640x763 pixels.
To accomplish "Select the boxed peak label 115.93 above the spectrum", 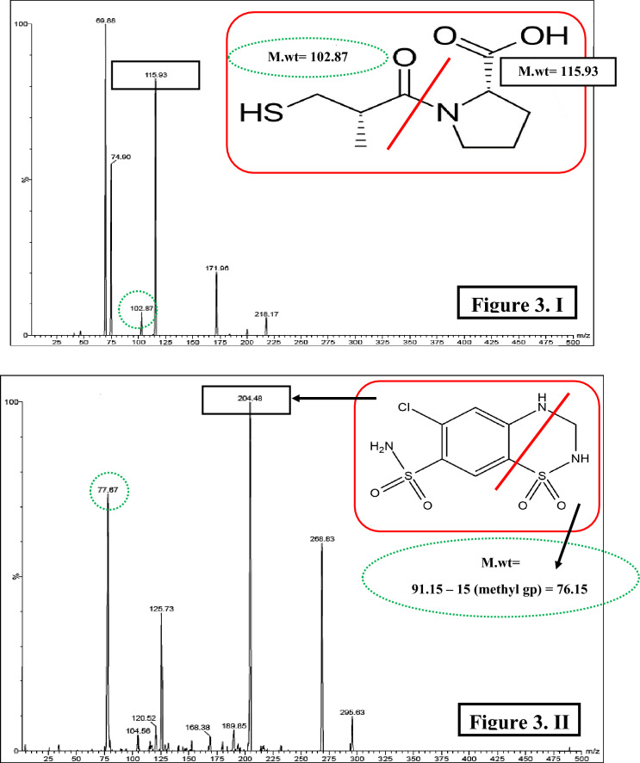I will [x=156, y=75].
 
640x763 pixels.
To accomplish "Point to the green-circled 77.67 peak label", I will [x=108, y=491].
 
